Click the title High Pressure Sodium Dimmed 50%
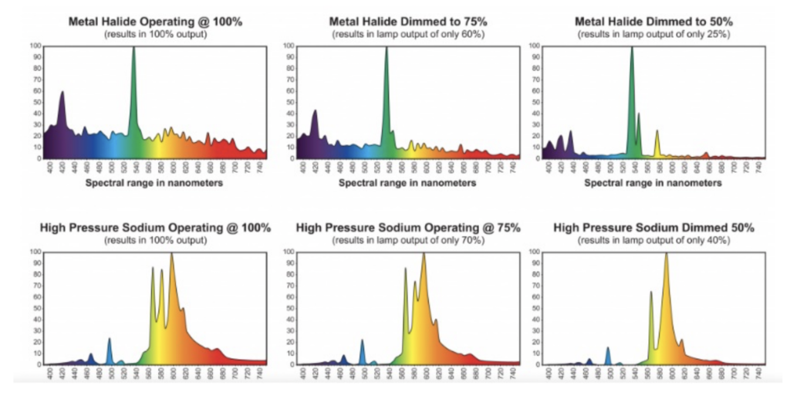coord(653,228)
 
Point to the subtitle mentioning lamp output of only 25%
coord(653,35)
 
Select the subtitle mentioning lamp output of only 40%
coord(653,240)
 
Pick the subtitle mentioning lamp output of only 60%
coord(403,35)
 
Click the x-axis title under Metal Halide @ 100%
coord(155,184)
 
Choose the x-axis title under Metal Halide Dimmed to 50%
coord(653,184)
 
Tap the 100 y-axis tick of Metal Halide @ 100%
coord(35,46)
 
